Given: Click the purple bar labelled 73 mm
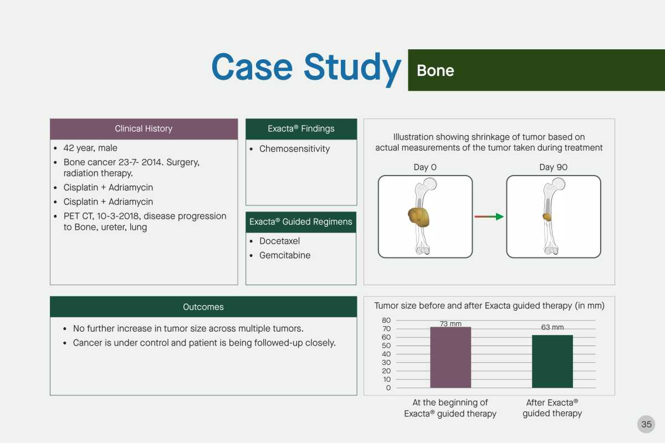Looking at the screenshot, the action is (x=451, y=357).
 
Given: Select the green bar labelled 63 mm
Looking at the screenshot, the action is (x=552, y=362).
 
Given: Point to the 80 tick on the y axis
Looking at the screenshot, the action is (x=386, y=320).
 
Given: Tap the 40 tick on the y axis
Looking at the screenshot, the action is (x=386, y=354).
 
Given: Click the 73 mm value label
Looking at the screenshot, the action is (x=451, y=323).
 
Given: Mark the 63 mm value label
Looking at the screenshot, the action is (x=553, y=327).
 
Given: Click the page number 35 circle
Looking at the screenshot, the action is (x=646, y=424).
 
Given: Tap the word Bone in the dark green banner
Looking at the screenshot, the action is (x=436, y=71).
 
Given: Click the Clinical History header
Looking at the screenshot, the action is (x=144, y=129).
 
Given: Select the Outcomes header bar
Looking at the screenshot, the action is (x=203, y=307).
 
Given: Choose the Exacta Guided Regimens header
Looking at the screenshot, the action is (x=301, y=222).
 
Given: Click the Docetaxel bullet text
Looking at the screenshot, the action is (x=280, y=241).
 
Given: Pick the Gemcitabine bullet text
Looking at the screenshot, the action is (x=285, y=255).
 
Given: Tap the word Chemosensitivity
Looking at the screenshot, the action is (x=294, y=148).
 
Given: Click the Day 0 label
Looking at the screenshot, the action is (x=425, y=167).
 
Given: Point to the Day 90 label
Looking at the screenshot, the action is (x=554, y=167).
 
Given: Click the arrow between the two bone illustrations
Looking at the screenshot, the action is (x=489, y=217).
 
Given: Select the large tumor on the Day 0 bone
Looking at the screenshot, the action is (x=419, y=217).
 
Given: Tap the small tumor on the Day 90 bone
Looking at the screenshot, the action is (x=547, y=217).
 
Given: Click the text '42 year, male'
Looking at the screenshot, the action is (x=90, y=148).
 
